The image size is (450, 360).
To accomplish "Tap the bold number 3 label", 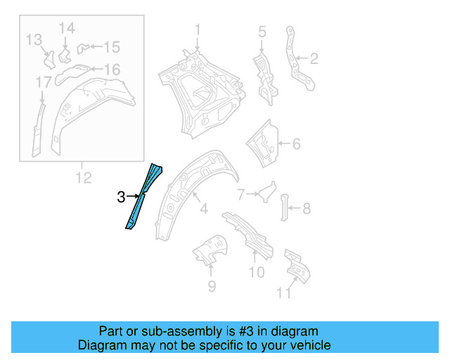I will [121, 198].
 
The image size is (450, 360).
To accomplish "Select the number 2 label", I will [314, 58].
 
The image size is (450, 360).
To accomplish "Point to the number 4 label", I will [262, 31].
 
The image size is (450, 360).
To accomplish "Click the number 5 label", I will [296, 144].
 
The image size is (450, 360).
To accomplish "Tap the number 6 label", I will [240, 194].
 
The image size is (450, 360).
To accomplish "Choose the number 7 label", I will [307, 208].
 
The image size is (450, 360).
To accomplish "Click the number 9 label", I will [257, 272].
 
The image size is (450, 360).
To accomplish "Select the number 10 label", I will [283, 292].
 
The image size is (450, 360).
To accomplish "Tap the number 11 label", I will [83, 178].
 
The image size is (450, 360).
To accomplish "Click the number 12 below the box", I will [34, 39].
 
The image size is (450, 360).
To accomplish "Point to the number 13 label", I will [66, 27].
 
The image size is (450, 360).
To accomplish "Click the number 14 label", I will [112, 47].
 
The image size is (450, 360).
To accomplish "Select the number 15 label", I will [112, 70].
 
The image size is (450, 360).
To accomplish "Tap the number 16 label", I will [44, 84].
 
